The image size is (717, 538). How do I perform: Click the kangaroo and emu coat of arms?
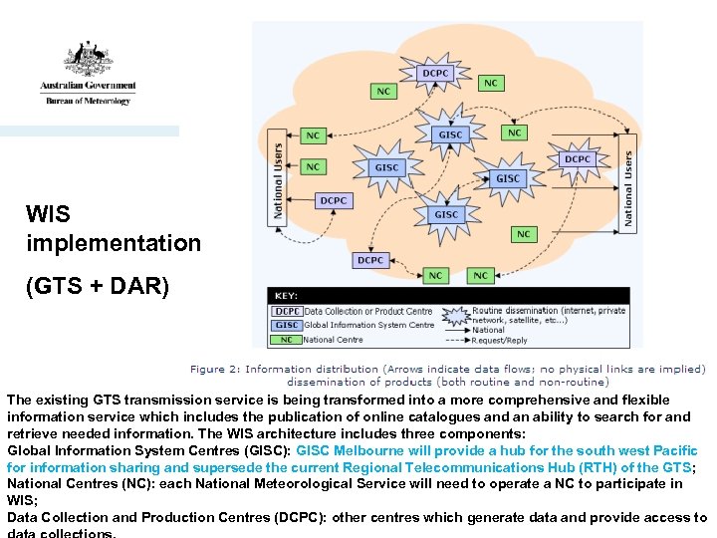tap(89, 58)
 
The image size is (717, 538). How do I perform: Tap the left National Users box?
tap(279, 180)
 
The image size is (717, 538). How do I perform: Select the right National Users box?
tap(628, 190)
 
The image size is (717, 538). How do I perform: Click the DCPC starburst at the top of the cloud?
tap(435, 73)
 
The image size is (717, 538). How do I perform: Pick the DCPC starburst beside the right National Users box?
tap(578, 159)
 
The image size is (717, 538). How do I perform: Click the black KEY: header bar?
tap(448, 296)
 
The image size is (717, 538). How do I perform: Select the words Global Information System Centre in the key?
tap(369, 325)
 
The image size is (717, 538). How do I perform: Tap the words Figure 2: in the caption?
tap(215, 369)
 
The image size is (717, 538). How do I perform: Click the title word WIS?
tap(48, 213)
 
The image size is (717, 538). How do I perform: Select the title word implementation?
tap(114, 243)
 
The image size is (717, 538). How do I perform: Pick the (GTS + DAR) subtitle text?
tap(98, 288)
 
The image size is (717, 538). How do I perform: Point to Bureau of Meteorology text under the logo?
tap(86, 101)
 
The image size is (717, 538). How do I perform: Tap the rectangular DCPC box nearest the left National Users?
tap(334, 200)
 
